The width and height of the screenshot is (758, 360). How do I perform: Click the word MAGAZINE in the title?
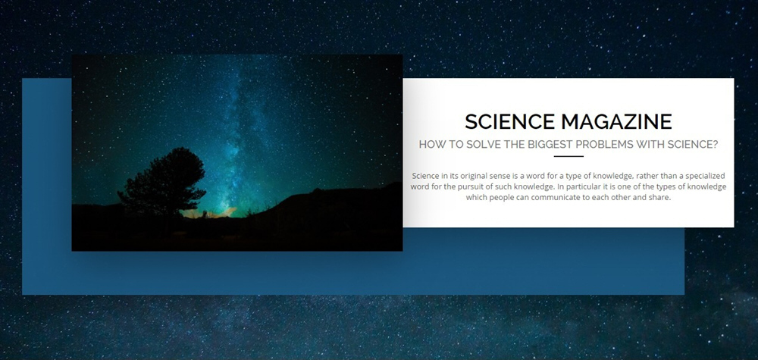616,122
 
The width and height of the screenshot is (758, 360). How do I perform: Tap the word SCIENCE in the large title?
509,122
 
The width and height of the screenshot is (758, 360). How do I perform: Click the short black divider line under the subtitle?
568,157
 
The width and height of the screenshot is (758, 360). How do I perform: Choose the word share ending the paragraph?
661,198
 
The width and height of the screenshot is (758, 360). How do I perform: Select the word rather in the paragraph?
647,176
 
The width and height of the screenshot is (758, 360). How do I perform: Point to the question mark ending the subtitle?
715,145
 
